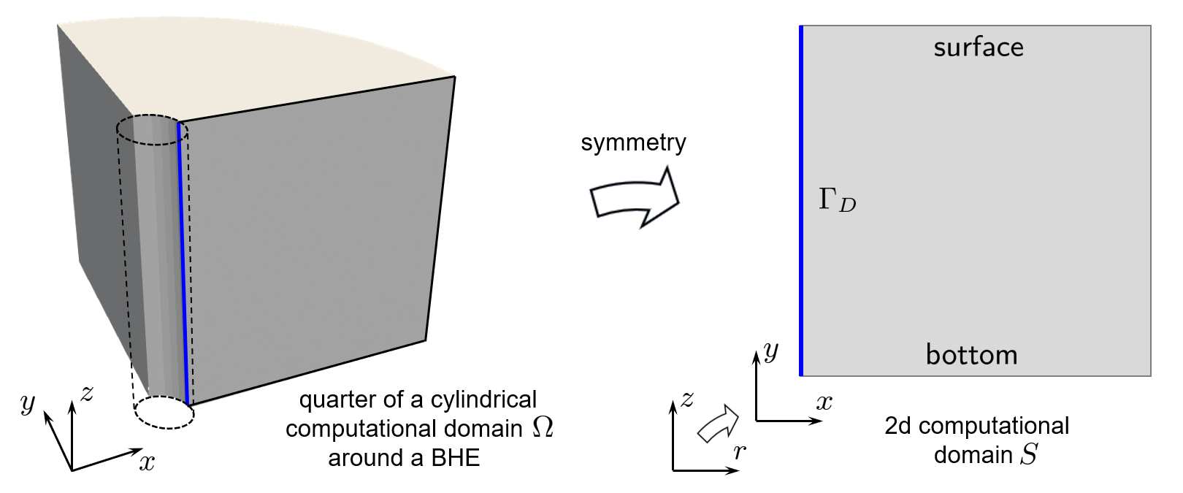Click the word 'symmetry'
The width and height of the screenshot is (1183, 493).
(x=633, y=142)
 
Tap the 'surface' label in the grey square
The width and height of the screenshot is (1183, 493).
(x=979, y=47)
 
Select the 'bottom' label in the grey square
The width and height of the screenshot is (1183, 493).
(x=971, y=355)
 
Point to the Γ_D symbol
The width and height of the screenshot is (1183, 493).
(x=837, y=200)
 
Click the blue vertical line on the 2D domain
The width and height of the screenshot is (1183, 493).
(x=801, y=201)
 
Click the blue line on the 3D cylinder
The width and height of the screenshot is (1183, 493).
(x=183, y=263)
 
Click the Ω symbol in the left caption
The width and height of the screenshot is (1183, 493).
(x=543, y=427)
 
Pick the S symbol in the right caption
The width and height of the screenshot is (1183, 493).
(x=1029, y=454)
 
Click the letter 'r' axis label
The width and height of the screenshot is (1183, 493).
(x=740, y=452)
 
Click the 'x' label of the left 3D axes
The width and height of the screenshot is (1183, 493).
(x=148, y=462)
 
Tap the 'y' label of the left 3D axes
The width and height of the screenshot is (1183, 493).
(x=28, y=402)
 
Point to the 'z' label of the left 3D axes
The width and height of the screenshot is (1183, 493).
(x=87, y=394)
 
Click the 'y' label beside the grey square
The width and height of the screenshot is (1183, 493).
(x=771, y=351)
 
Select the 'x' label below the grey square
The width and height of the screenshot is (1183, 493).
(x=824, y=402)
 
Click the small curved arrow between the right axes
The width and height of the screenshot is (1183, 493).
(x=718, y=424)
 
